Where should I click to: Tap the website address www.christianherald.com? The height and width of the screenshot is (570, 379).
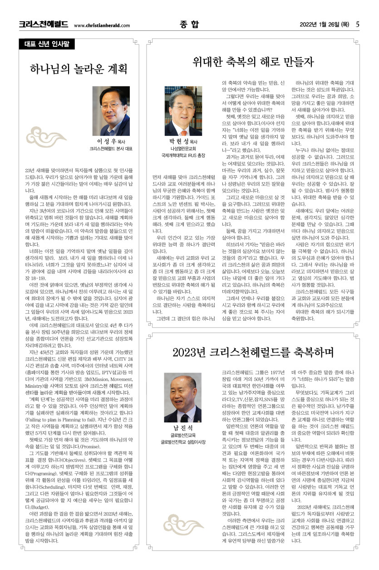pos(102,26)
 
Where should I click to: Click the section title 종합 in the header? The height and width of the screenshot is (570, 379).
pos(189,25)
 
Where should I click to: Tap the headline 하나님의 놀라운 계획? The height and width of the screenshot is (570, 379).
pos(78,69)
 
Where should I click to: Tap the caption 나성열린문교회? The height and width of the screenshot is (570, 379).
pos(183,149)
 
